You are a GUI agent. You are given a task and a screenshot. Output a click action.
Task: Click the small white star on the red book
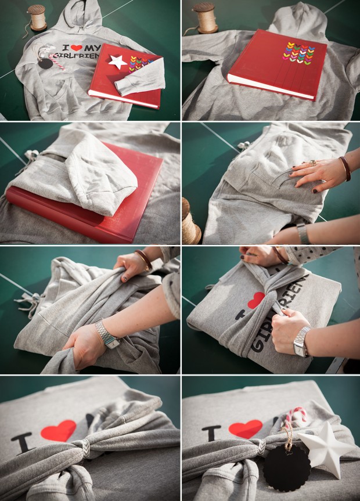pyautogui.click(x=118, y=62)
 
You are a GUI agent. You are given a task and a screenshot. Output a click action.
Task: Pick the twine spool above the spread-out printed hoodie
pyautogui.click(x=36, y=17)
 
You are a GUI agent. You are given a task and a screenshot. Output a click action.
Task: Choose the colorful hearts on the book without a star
pyautogui.click(x=298, y=53)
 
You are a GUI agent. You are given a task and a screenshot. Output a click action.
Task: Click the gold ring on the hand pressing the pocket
pyautogui.click(x=314, y=164)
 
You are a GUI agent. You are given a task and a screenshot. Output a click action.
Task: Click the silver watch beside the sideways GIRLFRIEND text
pyautogui.click(x=301, y=343)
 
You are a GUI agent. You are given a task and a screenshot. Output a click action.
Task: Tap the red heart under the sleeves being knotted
pyautogui.click(x=255, y=300)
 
